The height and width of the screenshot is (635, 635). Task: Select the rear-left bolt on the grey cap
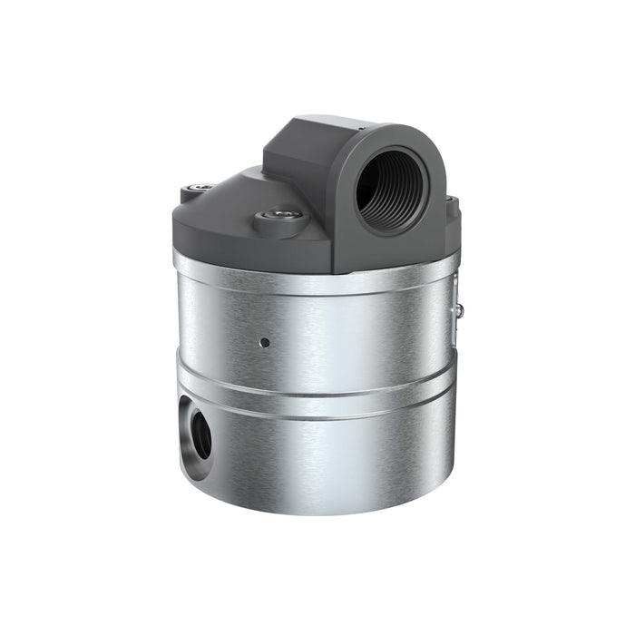tap(199, 189)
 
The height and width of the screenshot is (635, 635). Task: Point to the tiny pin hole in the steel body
tap(264, 343)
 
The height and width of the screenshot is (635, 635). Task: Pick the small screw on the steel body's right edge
tap(460, 311)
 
